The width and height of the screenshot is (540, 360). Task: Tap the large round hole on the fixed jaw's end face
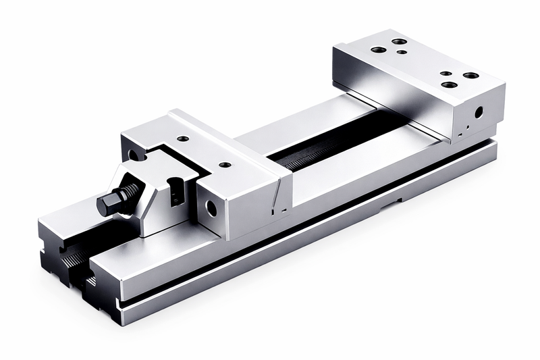point(478,113)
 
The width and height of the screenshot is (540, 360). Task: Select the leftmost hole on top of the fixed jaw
point(379,49)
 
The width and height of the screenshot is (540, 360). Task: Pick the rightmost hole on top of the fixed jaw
point(470,75)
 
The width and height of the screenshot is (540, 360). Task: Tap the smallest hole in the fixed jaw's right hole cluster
point(446,73)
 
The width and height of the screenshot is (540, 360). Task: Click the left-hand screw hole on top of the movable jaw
point(183,138)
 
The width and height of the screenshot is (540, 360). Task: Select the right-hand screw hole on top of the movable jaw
point(225,164)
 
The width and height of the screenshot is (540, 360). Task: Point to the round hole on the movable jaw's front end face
point(211,208)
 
